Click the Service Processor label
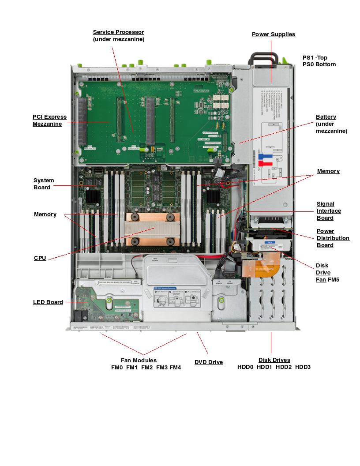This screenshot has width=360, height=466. coord(118,32)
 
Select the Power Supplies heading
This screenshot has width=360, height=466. coord(274,34)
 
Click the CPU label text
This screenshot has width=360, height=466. coord(40,258)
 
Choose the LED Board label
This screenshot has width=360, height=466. coord(48,302)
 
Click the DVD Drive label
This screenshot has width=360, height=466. coord(209,362)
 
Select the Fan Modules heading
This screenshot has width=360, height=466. coord(139,361)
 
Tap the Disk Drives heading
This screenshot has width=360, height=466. coord(274,360)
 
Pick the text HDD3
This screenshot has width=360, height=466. coord(303,367)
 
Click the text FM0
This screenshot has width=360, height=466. coord(117,368)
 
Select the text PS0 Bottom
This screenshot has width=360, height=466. coord(319,64)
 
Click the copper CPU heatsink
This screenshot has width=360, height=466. coord(153,229)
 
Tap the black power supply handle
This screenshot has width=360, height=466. coord(263,57)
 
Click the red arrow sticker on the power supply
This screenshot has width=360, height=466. coord(265,164)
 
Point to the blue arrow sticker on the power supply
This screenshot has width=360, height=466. coord(264,156)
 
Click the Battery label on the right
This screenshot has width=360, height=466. coord(326,117)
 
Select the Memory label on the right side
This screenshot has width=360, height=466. coord(328,171)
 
